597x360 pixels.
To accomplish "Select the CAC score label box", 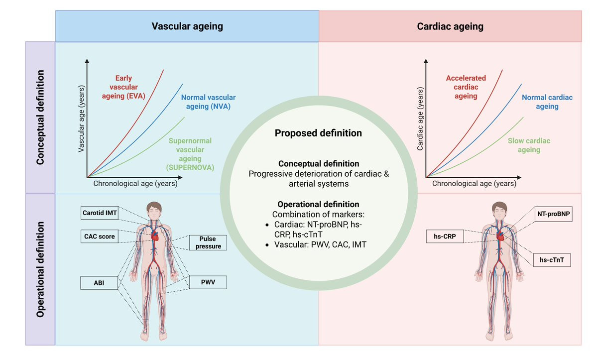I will (x=100, y=237).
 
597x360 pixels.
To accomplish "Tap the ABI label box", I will (x=99, y=283).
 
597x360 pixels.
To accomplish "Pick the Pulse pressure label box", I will (x=208, y=242).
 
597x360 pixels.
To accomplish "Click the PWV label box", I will (x=208, y=283).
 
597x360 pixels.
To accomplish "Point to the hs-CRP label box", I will (x=445, y=236).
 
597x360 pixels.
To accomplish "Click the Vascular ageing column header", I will (x=187, y=26).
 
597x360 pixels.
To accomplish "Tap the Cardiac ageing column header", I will (x=450, y=26).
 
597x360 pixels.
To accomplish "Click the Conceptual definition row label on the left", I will (x=41, y=118).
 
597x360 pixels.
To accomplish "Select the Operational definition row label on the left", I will (x=41, y=269).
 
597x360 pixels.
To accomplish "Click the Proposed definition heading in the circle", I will (x=318, y=133).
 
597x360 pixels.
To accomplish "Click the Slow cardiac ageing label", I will (x=528, y=145).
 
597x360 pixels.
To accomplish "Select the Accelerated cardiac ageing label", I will (x=466, y=87).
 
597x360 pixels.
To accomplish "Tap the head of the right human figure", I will (x=498, y=209).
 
